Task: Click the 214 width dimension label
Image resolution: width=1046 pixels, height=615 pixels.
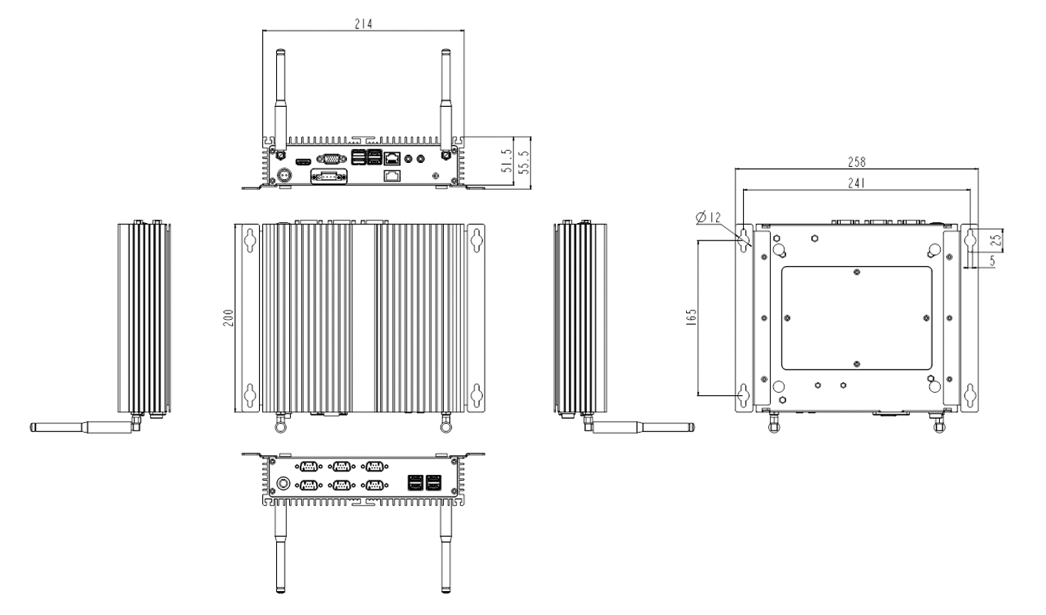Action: point(362,24)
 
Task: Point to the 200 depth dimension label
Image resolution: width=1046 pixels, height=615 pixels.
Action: point(228,319)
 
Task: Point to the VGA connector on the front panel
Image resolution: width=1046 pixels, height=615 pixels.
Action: point(331,160)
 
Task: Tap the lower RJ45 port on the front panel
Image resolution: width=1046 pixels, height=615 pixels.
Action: point(391,176)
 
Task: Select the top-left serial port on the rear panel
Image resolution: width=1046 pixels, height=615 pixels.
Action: point(309,466)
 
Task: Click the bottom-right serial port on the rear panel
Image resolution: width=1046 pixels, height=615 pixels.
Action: point(375,484)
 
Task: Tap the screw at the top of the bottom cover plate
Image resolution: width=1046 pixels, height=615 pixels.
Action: point(856,271)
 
